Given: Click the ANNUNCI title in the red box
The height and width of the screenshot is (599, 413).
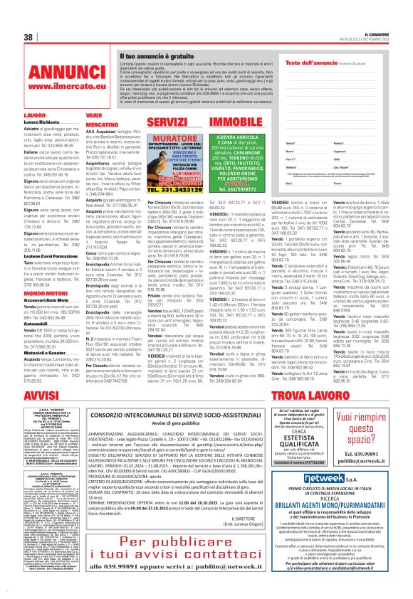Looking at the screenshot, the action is (54, 73).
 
